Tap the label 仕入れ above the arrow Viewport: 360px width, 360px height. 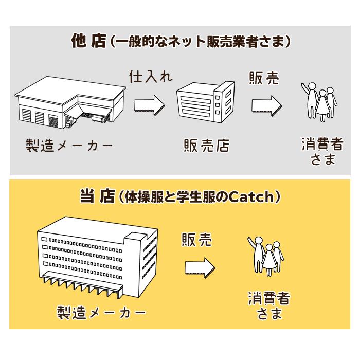click(150, 77)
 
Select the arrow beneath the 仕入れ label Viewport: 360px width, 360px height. click(150, 104)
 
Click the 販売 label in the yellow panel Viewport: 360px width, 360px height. click(196, 240)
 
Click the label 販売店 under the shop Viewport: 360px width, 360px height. click(206, 146)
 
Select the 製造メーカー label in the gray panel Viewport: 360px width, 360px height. click(69, 145)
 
